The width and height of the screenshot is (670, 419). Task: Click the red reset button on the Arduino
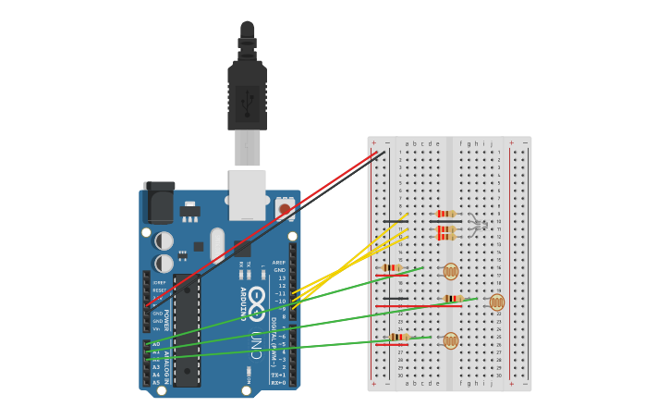tap(285, 209)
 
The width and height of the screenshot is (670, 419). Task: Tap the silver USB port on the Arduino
tap(247, 194)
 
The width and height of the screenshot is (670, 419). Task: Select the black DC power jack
tap(159, 203)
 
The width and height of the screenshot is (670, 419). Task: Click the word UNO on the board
tap(256, 346)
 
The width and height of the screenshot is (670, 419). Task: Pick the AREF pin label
tap(279, 262)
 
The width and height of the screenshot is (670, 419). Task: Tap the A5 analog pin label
tap(155, 381)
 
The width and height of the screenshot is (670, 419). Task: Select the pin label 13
tap(281, 277)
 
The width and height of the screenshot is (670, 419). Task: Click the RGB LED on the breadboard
tap(477, 225)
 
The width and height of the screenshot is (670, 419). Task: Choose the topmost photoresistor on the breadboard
tap(450, 271)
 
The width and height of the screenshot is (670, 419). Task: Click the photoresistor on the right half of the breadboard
tap(497, 302)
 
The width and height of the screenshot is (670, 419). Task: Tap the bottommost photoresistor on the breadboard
tap(450, 340)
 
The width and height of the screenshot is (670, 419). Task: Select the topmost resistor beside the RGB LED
tap(446, 214)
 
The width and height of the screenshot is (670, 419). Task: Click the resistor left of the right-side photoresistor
tap(453, 299)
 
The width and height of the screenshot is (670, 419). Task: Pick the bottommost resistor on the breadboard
tap(399, 337)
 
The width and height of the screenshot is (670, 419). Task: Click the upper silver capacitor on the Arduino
tap(164, 240)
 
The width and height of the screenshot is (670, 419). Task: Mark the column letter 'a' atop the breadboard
tap(407, 143)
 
